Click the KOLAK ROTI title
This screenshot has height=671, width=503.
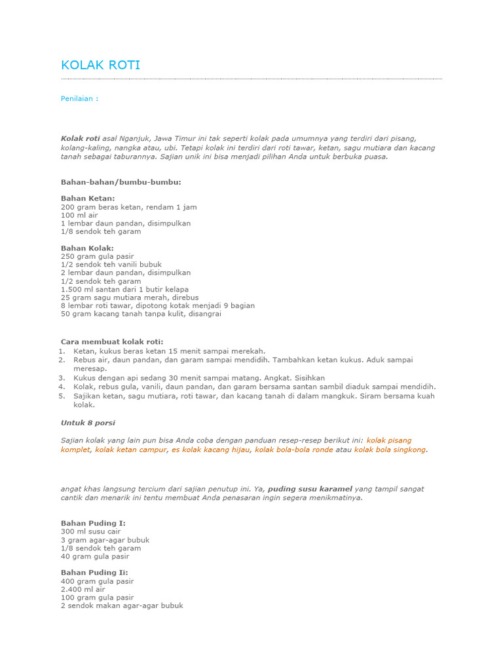100,65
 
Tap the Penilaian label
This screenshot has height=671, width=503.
79,98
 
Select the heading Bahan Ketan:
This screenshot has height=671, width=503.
88,198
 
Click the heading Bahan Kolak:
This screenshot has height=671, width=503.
87,248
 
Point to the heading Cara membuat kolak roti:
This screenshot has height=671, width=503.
112,341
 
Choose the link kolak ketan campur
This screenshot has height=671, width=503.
131,450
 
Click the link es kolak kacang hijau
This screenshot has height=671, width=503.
212,450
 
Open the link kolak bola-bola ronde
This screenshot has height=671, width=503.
294,450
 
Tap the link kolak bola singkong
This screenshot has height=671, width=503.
390,450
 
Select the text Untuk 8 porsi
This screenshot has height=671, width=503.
88,423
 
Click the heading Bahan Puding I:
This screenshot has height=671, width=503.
93,523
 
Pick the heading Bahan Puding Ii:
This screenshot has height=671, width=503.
94,573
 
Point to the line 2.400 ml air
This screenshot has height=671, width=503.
83,589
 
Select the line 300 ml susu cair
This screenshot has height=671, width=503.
91,531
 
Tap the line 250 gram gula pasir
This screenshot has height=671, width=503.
97,256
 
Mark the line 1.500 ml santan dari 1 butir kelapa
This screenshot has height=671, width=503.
124,289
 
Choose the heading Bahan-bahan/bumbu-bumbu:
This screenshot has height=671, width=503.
121,182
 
